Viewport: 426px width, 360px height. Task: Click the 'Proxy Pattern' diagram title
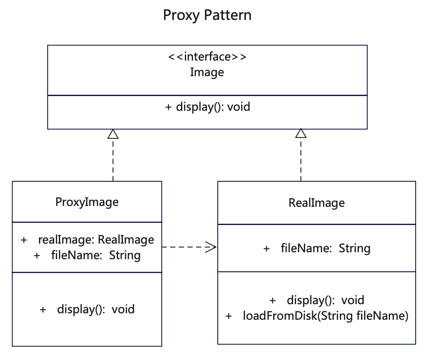pyautogui.click(x=207, y=16)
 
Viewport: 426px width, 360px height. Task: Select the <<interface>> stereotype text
pyautogui.click(x=207, y=57)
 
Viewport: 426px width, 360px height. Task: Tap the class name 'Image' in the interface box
pyautogui.click(x=207, y=73)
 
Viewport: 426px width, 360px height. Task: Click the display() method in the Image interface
pyautogui.click(x=207, y=107)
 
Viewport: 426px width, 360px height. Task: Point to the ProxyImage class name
pyautogui.click(x=87, y=202)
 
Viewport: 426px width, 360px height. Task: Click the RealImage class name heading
pyautogui.click(x=316, y=203)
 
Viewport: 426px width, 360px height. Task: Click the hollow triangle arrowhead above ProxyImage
pyautogui.click(x=113, y=134)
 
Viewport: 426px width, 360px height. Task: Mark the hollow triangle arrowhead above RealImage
pyautogui.click(x=301, y=133)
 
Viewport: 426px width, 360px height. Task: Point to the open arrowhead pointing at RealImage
pyautogui.click(x=211, y=247)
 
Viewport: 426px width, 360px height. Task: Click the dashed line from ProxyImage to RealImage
pyautogui.click(x=189, y=247)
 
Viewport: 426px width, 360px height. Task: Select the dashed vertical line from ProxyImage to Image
pyautogui.click(x=113, y=160)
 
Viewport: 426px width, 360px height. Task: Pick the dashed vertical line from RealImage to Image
pyautogui.click(x=301, y=160)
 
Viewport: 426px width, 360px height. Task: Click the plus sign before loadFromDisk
pyautogui.click(x=229, y=316)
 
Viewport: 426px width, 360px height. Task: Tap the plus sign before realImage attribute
pyautogui.click(x=24, y=240)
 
